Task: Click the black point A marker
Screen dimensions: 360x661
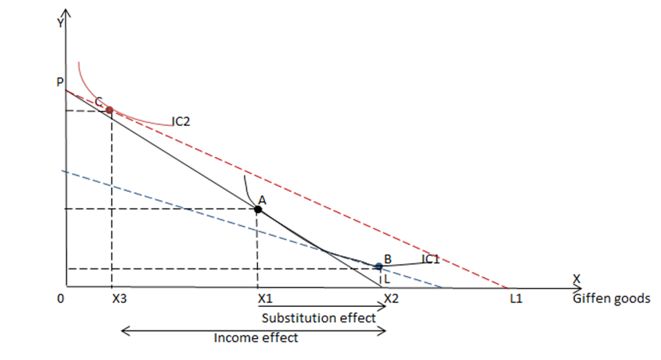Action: pyautogui.click(x=258, y=209)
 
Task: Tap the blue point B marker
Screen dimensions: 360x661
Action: pyautogui.click(x=378, y=266)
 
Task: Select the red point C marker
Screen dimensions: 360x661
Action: pyautogui.click(x=109, y=109)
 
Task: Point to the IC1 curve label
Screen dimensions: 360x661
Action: pyautogui.click(x=430, y=260)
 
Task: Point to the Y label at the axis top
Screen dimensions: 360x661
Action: pyautogui.click(x=61, y=22)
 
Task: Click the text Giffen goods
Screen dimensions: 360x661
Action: pyautogui.click(x=611, y=299)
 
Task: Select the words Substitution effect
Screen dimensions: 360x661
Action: pyautogui.click(x=319, y=318)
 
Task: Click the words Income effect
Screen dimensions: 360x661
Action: pyautogui.click(x=256, y=338)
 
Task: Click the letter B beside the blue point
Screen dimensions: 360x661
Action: pyautogui.click(x=388, y=259)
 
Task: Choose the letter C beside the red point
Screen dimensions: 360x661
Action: pyautogui.click(x=99, y=101)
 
